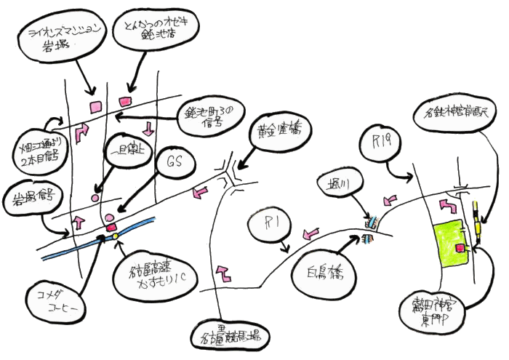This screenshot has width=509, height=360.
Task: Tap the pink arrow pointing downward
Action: pos(149,129)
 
